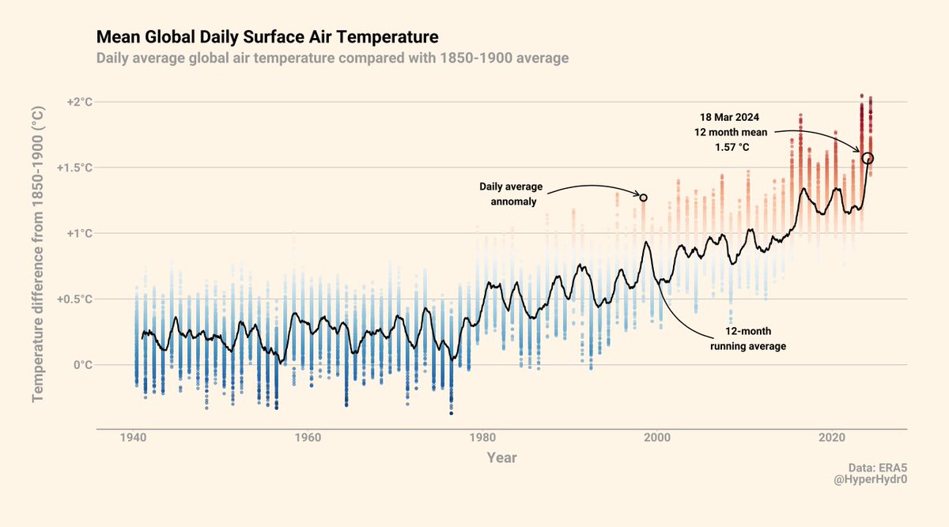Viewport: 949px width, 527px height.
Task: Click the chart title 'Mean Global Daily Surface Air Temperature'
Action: click(x=267, y=37)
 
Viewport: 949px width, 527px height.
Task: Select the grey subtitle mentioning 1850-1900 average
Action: click(x=333, y=58)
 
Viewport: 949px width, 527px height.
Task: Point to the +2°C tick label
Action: click(x=80, y=102)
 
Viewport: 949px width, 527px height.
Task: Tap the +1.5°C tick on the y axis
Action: click(x=74, y=168)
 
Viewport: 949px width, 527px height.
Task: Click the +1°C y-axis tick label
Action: click(x=80, y=233)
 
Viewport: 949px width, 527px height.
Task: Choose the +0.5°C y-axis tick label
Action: click(x=74, y=299)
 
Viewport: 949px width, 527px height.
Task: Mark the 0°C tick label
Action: click(x=83, y=365)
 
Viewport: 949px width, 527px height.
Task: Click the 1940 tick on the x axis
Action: click(x=133, y=437)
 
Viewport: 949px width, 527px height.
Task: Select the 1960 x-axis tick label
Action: click(x=308, y=437)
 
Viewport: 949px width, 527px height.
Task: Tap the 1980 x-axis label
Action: click(x=482, y=437)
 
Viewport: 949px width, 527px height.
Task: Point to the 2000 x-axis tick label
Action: click(x=657, y=437)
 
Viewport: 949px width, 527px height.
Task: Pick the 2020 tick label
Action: click(x=832, y=437)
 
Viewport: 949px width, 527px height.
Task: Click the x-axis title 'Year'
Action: click(x=501, y=457)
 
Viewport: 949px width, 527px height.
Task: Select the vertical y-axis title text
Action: click(x=38, y=254)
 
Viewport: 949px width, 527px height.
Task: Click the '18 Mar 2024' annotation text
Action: click(x=729, y=117)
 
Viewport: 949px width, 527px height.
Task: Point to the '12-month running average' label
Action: click(x=748, y=339)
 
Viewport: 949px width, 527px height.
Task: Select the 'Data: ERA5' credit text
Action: click(x=877, y=468)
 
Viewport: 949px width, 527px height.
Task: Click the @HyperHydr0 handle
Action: click(x=870, y=480)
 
